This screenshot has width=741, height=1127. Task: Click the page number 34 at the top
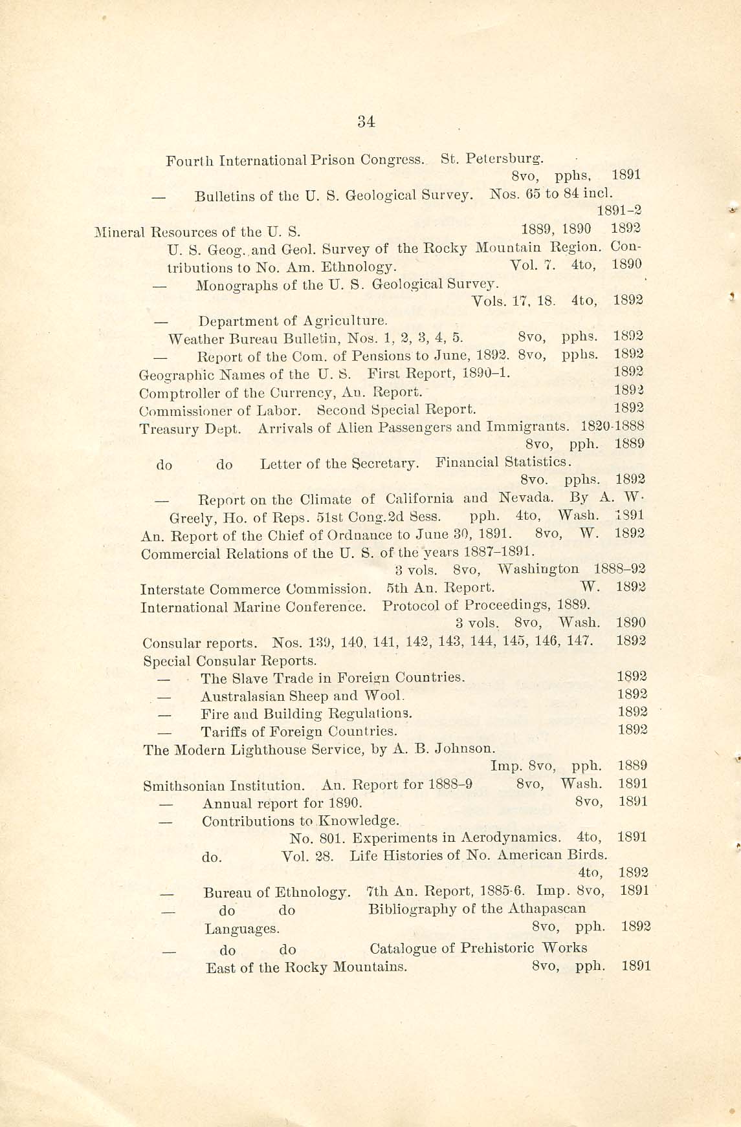click(366, 122)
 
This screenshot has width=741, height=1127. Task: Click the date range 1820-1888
click(612, 426)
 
